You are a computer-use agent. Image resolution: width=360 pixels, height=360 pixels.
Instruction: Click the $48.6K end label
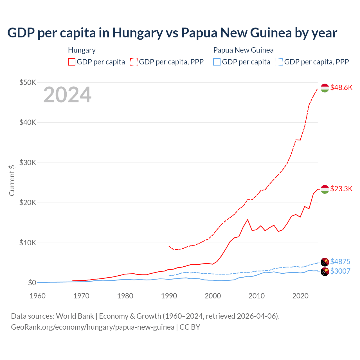pos(341,87)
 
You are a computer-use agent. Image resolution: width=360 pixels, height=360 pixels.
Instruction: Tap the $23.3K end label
pos(341,189)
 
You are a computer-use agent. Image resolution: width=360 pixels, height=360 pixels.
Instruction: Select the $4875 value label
pos(340,262)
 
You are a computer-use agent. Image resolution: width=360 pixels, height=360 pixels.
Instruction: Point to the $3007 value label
pos(340,271)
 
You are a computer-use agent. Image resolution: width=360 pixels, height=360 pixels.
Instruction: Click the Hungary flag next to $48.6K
pos(325,88)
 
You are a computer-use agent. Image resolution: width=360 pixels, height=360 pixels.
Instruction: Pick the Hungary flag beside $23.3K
pos(325,189)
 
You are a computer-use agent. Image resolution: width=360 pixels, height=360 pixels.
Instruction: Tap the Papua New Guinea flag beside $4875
pos(325,262)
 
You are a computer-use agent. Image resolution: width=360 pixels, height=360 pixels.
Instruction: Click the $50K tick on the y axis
pos(28,82)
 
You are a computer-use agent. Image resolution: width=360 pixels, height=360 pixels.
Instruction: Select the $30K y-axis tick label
pos(28,163)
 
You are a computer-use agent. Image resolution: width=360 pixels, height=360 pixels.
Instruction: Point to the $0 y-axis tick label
pos(32,283)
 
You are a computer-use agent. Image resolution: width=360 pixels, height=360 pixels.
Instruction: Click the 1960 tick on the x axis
pos(37,296)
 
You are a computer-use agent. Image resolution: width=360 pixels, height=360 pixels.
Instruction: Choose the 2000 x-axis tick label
pos(213,296)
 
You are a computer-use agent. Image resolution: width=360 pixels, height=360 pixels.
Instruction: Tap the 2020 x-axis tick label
pos(300,296)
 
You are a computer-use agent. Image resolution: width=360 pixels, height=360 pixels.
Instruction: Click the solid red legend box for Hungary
pos(72,62)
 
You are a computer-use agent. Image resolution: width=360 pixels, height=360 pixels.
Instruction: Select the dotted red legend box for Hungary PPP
pos(134,62)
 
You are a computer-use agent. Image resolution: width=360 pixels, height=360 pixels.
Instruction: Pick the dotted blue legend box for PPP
pos(279,62)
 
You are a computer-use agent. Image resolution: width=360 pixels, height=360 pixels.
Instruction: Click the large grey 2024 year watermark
pos(67,95)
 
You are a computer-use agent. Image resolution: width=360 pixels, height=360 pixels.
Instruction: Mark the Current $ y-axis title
pos(12,180)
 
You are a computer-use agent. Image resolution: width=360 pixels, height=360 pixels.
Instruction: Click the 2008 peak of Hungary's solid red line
pos(247,219)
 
